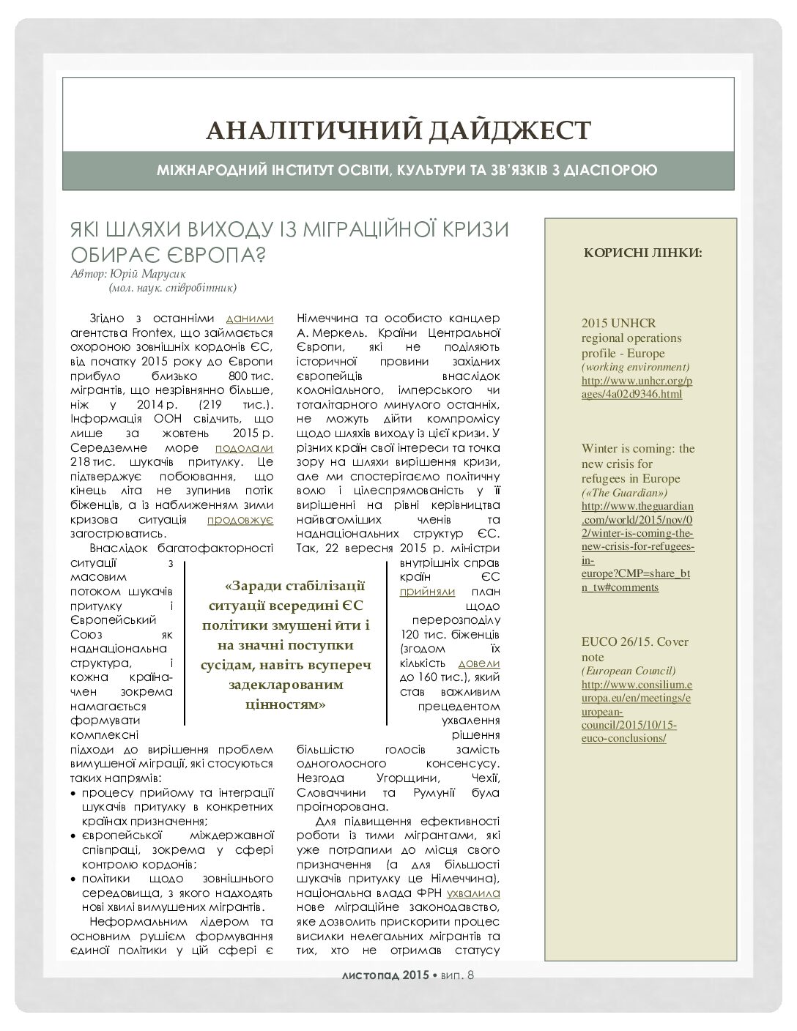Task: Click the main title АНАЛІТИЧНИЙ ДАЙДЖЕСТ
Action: (398, 130)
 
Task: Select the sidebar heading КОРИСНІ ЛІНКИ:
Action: (642, 253)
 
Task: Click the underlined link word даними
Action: (250, 319)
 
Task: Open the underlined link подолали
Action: (244, 447)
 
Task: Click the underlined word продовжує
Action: (240, 519)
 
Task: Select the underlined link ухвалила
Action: (474, 893)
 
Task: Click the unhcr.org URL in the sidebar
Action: (637, 388)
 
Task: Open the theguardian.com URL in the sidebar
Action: (637, 546)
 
